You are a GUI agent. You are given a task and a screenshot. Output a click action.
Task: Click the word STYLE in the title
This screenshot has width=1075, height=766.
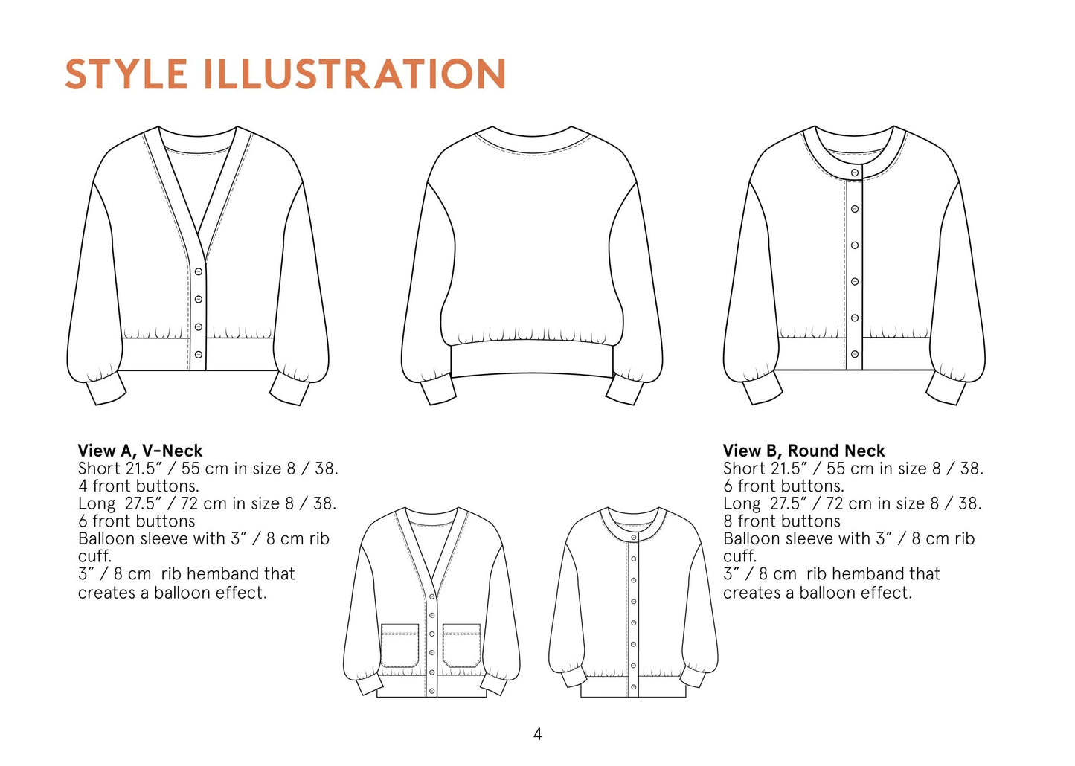point(126,74)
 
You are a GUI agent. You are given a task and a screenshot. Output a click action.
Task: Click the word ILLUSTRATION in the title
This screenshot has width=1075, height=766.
point(355,74)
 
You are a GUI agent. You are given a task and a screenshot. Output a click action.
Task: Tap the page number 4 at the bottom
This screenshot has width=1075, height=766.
point(537,734)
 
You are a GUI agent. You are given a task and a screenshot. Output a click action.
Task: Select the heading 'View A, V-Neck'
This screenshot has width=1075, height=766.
point(140,451)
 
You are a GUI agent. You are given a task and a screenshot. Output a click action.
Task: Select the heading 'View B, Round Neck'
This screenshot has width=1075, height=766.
point(804,451)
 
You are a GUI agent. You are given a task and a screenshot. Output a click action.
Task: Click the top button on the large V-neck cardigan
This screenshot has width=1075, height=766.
point(198,271)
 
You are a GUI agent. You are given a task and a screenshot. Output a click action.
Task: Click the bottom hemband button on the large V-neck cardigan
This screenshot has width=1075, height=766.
point(198,355)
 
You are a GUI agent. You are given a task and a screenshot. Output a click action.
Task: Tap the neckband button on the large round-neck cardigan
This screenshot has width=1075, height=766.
point(855,173)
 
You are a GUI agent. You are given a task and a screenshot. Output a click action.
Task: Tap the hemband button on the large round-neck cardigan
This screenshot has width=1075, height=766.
point(855,354)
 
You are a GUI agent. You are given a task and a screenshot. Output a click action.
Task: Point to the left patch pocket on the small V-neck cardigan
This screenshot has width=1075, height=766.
point(399,645)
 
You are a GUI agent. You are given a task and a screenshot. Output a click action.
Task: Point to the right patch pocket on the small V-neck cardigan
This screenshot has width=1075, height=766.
point(462,645)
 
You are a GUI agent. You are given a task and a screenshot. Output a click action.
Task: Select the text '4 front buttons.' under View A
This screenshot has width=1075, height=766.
point(138,486)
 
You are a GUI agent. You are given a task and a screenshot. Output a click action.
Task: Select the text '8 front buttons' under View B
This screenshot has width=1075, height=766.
point(782,521)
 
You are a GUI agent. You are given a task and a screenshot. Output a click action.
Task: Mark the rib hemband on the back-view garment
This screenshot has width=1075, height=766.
point(532,360)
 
